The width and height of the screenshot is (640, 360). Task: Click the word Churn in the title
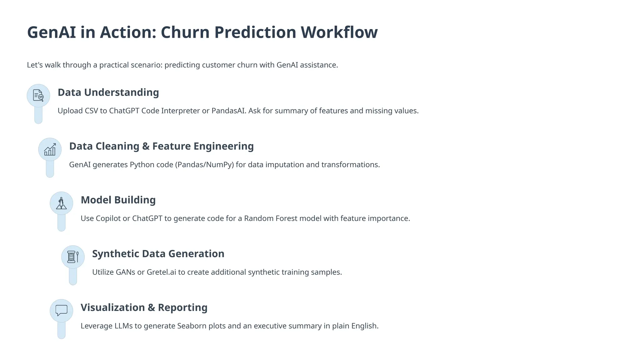185,32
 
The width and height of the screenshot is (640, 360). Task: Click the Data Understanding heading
108,92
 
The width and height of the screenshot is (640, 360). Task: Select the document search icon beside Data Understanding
38,96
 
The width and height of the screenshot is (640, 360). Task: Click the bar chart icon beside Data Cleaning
50,149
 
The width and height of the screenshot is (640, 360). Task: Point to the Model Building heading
118,200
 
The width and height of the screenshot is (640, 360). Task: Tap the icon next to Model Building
61,203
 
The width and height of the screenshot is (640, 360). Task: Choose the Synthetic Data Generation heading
158,254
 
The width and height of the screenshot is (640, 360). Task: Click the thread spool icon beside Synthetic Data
73,257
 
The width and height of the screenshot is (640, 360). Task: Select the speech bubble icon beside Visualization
61,310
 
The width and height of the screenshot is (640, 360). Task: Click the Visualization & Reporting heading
144,307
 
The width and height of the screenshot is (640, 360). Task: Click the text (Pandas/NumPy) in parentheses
204,165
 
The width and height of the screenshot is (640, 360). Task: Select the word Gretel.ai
161,272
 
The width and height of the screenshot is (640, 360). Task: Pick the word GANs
125,272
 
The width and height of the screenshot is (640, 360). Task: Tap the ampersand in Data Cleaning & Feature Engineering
146,146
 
